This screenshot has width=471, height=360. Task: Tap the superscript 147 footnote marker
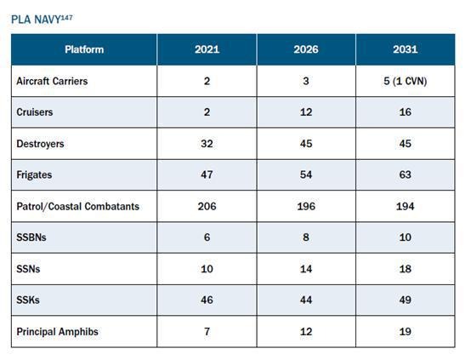tap(66, 17)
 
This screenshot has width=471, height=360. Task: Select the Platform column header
tap(84, 49)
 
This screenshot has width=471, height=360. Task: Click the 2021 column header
tap(207, 49)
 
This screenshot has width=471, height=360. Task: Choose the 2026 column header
tap(306, 49)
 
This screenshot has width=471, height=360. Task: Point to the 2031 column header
tap(406, 49)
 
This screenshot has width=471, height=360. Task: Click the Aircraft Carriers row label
tap(52, 81)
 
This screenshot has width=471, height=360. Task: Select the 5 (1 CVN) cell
tap(406, 81)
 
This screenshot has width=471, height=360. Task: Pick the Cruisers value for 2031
tap(406, 112)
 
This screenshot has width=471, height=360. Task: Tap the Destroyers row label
tap(40, 144)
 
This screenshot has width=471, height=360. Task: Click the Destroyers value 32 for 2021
tap(207, 144)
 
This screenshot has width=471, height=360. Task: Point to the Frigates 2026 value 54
tap(306, 174)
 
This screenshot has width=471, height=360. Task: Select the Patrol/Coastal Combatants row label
tap(78, 206)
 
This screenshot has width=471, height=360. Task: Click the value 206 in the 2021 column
tap(207, 206)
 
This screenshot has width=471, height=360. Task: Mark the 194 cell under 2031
tap(406, 206)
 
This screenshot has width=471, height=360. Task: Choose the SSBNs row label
tap(31, 237)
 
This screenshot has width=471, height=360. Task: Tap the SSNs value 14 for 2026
tap(306, 269)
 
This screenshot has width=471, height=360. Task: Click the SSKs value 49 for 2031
tap(406, 300)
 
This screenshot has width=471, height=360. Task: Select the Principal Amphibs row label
tap(57, 332)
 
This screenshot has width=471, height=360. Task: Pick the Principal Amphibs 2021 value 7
tap(207, 331)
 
